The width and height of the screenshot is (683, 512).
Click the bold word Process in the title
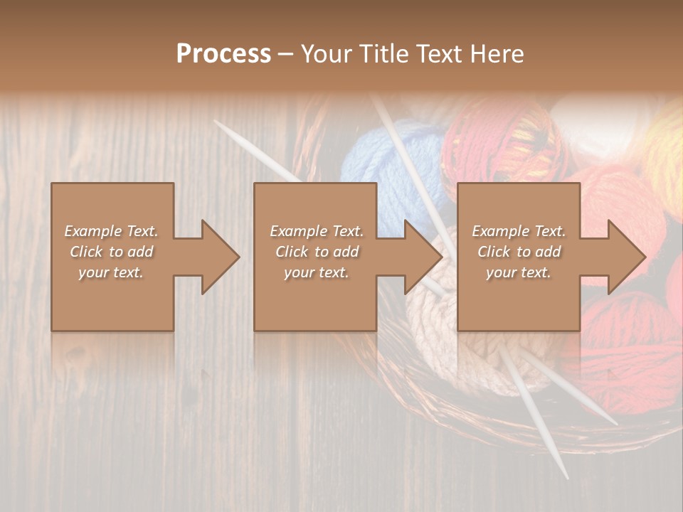point(223,53)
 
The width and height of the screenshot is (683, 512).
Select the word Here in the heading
point(497,53)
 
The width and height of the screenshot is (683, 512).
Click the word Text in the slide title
point(438,53)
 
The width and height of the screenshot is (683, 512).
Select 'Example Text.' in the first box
point(111,231)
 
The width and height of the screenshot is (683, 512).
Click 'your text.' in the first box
point(111,272)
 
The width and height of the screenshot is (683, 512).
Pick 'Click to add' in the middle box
point(317,252)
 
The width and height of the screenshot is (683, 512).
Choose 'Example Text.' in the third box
point(519,231)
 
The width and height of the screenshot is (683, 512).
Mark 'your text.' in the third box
point(519,272)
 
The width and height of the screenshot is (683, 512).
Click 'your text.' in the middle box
point(317,272)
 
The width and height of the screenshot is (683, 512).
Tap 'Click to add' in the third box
point(519,252)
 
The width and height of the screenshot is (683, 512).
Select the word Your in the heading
point(325,53)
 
